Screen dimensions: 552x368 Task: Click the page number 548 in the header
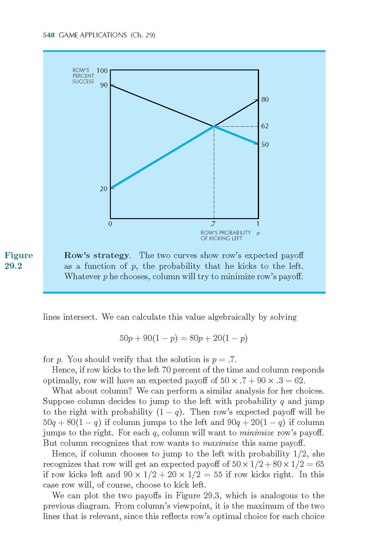pos(49,35)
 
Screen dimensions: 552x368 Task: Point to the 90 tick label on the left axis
pos(104,85)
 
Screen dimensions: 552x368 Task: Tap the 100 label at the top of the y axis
pos(102,70)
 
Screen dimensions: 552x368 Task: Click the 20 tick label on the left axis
pos(104,189)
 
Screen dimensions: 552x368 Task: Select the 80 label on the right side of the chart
pos(265,100)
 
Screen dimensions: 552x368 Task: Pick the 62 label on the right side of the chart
pos(265,126)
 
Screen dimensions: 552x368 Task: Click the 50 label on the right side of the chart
pos(265,145)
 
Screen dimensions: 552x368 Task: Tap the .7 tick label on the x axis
pos(213,224)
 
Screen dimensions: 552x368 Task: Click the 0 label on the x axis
pos(110,224)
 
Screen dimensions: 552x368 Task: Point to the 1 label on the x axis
pos(258,224)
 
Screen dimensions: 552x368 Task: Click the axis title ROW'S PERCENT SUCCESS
pos(83,76)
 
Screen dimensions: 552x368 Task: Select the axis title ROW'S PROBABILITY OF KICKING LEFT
pos(225,235)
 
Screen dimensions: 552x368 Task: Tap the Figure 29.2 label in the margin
pos(19,261)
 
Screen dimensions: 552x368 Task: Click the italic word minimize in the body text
pos(257,433)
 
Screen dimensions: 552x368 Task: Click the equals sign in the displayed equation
pos(184,339)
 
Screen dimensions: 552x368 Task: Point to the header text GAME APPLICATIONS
pos(93,35)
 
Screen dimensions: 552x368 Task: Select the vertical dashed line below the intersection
pos(214,173)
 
